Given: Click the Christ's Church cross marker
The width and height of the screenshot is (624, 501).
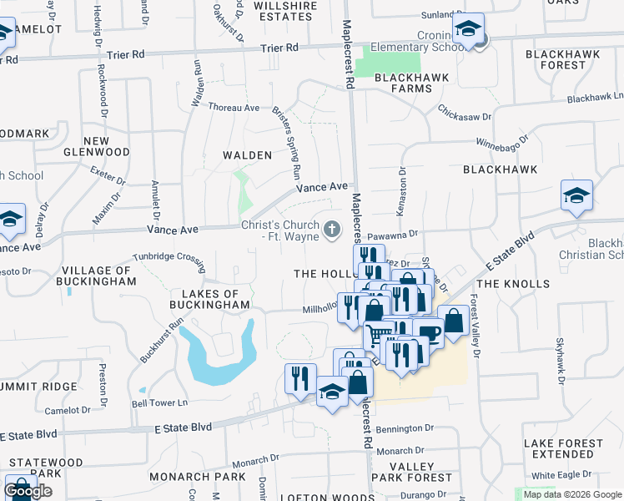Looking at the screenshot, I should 332,229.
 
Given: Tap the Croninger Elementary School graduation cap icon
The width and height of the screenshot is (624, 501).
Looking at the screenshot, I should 469,30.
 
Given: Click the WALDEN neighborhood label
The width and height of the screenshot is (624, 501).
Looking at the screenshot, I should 247,155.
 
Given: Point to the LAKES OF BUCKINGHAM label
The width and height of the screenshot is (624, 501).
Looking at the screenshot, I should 210,299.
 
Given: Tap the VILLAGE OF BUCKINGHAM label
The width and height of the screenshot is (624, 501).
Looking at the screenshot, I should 98,276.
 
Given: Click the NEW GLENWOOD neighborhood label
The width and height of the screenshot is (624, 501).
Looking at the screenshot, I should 96,146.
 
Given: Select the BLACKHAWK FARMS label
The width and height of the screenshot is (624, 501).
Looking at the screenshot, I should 412,78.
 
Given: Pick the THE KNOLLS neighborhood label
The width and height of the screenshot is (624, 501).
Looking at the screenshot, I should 514,284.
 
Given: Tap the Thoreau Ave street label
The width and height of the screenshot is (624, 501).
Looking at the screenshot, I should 234,108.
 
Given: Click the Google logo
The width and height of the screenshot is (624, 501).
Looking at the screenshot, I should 28,491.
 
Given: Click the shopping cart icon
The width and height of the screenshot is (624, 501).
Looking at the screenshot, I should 378,335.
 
